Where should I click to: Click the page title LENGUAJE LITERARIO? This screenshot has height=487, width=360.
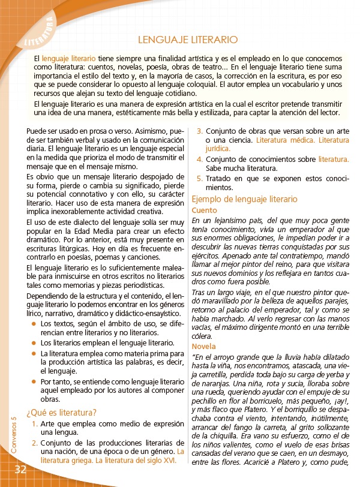click(x=188, y=40)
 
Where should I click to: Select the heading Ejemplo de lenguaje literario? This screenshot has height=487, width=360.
click(x=244, y=199)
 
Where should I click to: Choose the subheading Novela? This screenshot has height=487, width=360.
click(x=203, y=347)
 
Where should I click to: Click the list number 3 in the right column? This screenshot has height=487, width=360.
click(x=200, y=130)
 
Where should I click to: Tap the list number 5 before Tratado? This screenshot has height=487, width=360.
click(x=200, y=179)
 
